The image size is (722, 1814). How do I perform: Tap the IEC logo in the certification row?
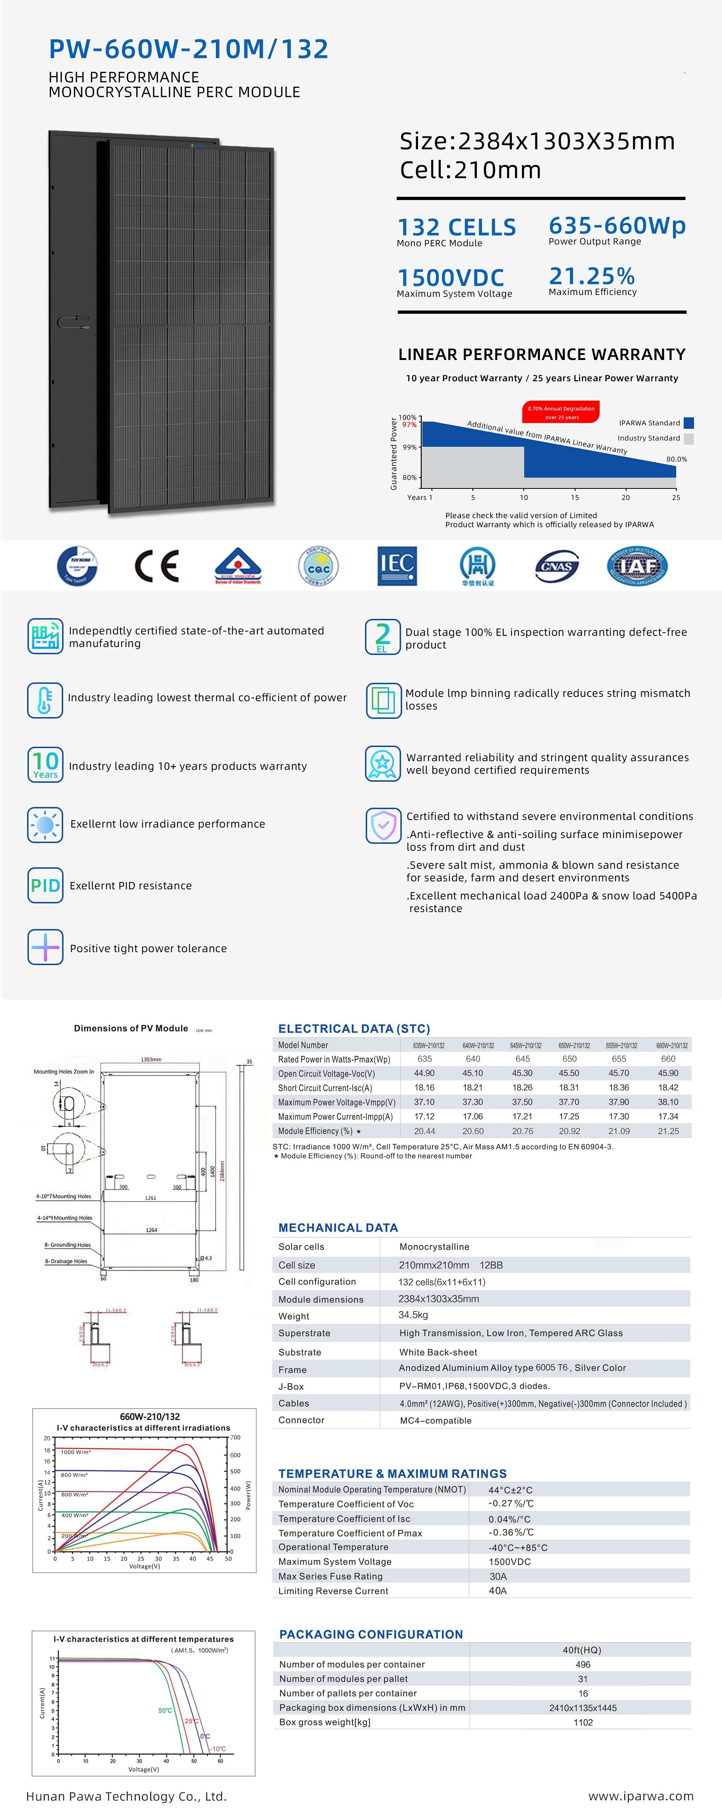click(x=397, y=565)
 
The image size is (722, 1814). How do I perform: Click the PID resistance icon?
click(x=45, y=885)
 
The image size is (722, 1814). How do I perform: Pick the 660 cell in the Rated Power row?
click(x=668, y=1058)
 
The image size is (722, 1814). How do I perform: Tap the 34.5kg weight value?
click(x=413, y=1315)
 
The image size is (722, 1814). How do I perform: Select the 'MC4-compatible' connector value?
click(x=435, y=1420)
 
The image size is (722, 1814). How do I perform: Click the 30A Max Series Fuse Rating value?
click(x=498, y=1576)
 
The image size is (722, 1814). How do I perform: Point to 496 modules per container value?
click(x=583, y=1664)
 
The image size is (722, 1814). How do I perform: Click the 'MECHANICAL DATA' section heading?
click(x=338, y=1227)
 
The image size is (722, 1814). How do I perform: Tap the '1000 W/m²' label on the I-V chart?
click(x=75, y=1451)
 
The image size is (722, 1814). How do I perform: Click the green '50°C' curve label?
click(x=165, y=1710)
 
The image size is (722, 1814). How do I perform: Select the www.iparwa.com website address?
click(x=640, y=1796)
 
